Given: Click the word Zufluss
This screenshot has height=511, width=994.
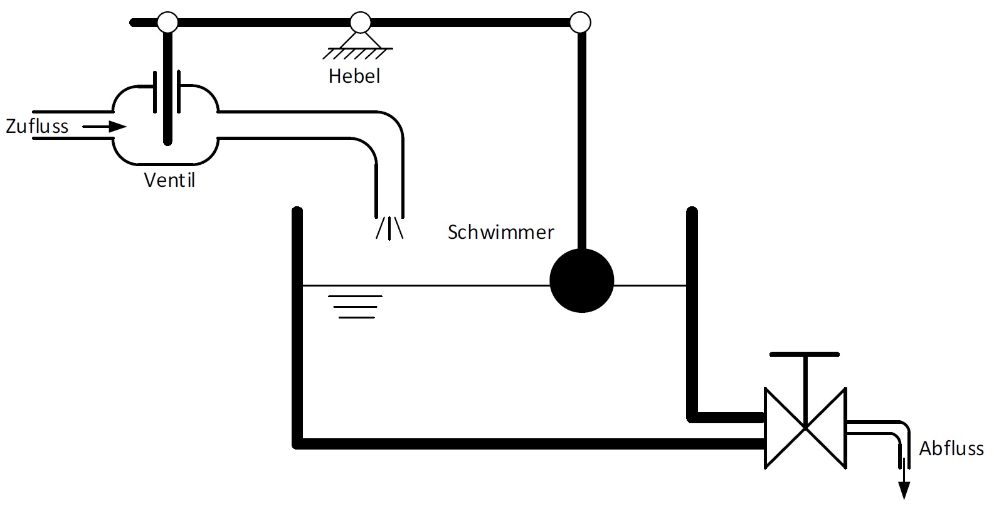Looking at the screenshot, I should click(37, 126).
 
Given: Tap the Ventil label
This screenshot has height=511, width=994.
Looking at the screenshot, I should click(169, 180).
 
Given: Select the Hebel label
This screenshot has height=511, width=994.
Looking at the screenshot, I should click(354, 76).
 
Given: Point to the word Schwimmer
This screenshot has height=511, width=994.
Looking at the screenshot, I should click(500, 232).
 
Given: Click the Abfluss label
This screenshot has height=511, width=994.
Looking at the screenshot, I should click(951, 448).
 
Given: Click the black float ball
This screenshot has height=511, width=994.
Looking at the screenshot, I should click(581, 280).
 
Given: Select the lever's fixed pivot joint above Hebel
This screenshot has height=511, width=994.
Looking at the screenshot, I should click(360, 23).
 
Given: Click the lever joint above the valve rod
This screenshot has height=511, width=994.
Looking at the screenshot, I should click(167, 23).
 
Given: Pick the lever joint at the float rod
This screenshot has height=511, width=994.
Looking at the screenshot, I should click(580, 23).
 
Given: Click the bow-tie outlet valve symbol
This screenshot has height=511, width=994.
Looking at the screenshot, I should click(805, 428).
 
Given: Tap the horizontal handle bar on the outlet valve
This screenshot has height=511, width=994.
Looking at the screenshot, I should click(805, 354).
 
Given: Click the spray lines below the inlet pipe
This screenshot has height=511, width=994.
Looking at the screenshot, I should click(389, 227).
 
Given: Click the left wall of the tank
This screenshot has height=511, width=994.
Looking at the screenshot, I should click(297, 326).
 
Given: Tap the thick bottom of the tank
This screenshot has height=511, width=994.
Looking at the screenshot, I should click(527, 444).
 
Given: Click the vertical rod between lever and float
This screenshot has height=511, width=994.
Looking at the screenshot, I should click(582, 138).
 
